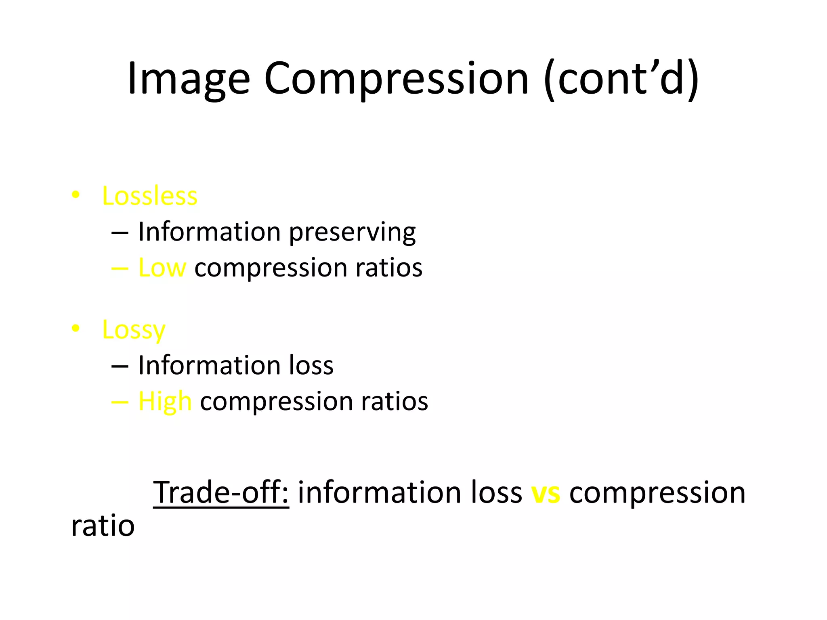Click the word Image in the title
(x=189, y=79)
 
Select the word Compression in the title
(x=396, y=79)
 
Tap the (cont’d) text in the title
(x=621, y=79)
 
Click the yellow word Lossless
(x=150, y=196)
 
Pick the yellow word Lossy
(x=134, y=330)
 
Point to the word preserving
(x=352, y=232)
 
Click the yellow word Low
(x=162, y=268)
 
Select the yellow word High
(x=165, y=402)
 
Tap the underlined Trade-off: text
(x=221, y=493)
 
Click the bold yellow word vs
(x=546, y=493)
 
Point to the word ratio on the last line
(x=103, y=526)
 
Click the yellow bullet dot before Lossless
(x=76, y=195)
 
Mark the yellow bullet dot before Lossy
(x=76, y=329)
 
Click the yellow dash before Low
(x=120, y=268)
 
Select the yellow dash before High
(x=120, y=402)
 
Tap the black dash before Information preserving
(x=120, y=233)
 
